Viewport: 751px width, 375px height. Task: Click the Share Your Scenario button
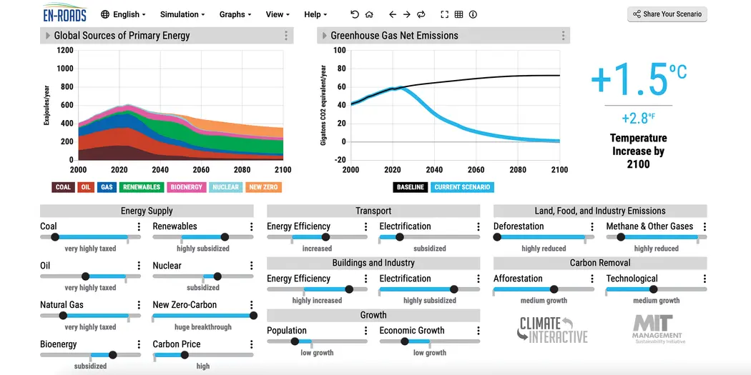[x=667, y=14]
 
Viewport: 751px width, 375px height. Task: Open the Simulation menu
[x=182, y=14]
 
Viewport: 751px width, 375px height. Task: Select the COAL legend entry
[x=63, y=187]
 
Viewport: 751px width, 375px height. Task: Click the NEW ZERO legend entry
[x=264, y=187]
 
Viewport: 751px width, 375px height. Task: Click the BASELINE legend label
[x=410, y=187]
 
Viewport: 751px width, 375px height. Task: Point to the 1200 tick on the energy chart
[x=65, y=50]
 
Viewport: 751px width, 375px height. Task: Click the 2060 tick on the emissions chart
[x=476, y=170]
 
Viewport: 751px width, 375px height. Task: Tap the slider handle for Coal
[x=55, y=237]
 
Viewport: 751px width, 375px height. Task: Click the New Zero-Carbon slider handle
[x=253, y=315]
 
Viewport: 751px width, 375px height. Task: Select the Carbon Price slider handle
[x=185, y=355]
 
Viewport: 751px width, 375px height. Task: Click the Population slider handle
[x=295, y=341]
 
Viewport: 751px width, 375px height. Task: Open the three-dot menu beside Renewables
[x=251, y=226]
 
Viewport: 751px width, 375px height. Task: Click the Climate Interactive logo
[x=552, y=329]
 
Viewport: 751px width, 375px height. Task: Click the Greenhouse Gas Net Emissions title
[x=394, y=36]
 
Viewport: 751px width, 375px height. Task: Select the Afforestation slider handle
[x=554, y=289]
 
